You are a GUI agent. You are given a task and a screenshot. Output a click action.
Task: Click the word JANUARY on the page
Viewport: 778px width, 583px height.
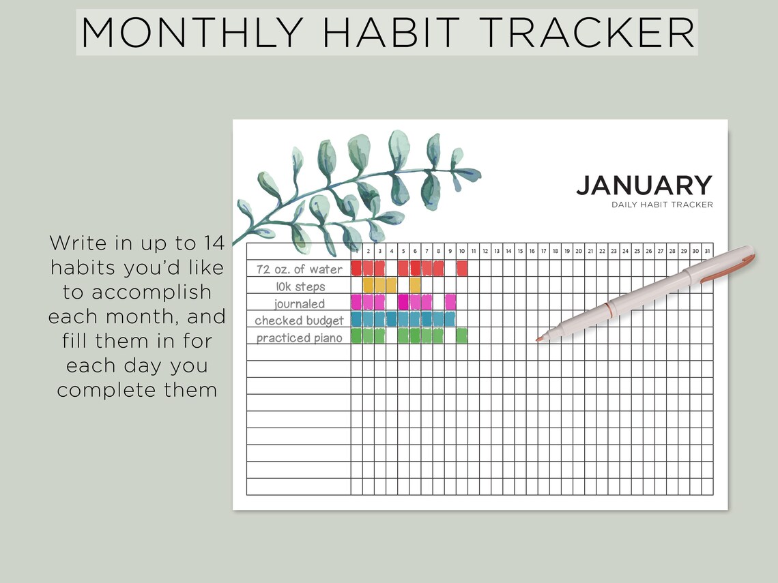point(644,185)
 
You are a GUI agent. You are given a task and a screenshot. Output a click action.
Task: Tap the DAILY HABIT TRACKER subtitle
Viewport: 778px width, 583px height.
point(662,205)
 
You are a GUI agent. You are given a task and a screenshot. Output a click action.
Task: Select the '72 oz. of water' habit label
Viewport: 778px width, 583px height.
point(299,269)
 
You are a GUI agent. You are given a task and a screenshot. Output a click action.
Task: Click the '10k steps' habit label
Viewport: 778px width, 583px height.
point(300,286)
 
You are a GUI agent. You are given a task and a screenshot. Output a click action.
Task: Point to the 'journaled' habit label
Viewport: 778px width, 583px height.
point(299,303)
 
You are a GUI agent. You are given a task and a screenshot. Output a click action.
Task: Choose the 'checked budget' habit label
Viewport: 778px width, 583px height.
point(299,320)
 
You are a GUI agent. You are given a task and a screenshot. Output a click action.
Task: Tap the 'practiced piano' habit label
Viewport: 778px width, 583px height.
point(299,338)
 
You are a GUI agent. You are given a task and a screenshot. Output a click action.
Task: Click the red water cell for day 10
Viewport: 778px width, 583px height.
point(462,268)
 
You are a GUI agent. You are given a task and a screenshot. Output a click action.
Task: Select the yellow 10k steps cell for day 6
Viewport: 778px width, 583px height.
point(415,285)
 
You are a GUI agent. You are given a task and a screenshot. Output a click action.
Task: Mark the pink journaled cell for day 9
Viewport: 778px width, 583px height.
point(450,302)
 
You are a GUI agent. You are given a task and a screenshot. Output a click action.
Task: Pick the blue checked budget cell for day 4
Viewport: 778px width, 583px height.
point(392,318)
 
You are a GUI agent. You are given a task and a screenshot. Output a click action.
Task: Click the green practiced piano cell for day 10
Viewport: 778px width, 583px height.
point(462,335)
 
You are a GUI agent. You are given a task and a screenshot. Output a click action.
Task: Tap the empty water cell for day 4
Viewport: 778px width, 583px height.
point(392,268)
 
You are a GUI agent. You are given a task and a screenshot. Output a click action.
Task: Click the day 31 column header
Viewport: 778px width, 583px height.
point(707,251)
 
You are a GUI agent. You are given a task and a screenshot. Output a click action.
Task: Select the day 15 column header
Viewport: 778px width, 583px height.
point(520,251)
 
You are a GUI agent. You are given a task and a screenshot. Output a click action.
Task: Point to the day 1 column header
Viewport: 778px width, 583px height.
point(357,251)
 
